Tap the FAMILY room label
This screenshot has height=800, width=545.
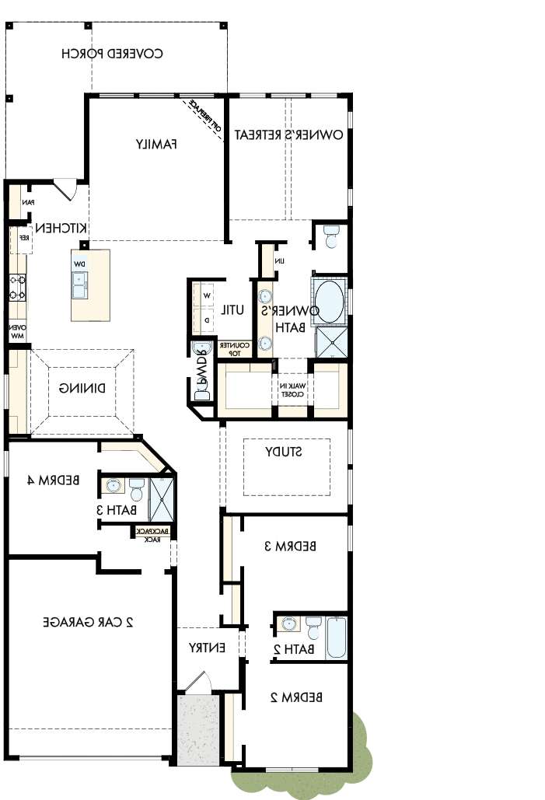[157, 144]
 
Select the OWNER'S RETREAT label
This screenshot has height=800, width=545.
[289, 134]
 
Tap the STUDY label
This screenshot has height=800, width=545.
[284, 452]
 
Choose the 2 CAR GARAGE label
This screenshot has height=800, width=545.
[89, 621]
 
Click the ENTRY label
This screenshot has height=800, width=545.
[208, 647]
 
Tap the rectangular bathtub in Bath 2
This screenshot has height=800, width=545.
[337, 638]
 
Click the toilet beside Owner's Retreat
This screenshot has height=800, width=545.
[331, 236]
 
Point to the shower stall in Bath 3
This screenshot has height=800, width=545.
[162, 498]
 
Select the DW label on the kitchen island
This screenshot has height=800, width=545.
[79, 264]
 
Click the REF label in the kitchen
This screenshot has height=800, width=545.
[23, 238]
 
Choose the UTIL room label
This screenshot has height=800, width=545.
[232, 309]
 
